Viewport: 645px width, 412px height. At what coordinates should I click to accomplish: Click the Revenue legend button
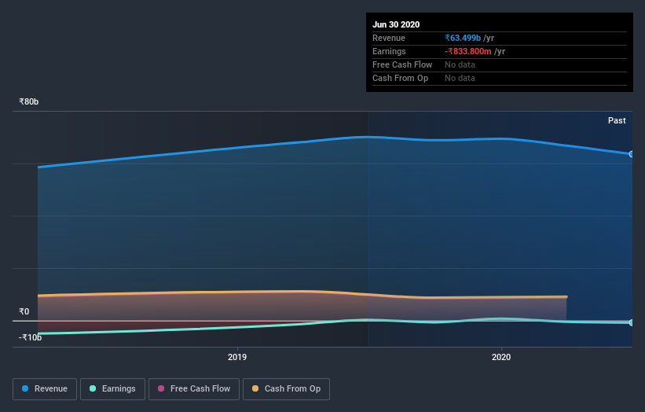click(x=46, y=388)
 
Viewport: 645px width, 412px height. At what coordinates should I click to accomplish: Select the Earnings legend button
click(x=113, y=388)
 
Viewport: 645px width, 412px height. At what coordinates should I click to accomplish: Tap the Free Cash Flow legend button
click(x=193, y=388)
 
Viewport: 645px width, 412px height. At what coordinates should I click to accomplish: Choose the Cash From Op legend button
click(x=286, y=388)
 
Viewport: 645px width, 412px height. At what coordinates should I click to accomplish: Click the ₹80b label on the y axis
click(x=29, y=101)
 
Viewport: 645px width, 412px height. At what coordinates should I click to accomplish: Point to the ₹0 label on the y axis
click(x=24, y=311)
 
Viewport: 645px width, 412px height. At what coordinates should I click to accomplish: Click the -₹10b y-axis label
click(x=30, y=337)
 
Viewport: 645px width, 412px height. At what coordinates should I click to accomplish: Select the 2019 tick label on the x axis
click(x=237, y=357)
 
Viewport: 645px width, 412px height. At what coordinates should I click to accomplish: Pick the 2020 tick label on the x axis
click(x=500, y=357)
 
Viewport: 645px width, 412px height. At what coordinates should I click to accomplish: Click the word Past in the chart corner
click(x=617, y=120)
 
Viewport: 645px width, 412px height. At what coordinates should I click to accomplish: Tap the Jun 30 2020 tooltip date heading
click(x=396, y=24)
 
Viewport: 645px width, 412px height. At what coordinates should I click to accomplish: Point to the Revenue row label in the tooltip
click(x=389, y=38)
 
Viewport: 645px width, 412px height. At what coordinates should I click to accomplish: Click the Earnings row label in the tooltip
click(x=389, y=51)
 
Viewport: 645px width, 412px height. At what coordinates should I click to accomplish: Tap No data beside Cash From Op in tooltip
click(x=460, y=78)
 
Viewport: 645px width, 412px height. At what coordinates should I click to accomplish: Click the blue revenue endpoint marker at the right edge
click(x=631, y=154)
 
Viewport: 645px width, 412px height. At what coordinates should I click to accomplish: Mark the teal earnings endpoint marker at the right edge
click(x=631, y=322)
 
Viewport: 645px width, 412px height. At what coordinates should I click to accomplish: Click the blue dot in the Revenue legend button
click(x=26, y=388)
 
